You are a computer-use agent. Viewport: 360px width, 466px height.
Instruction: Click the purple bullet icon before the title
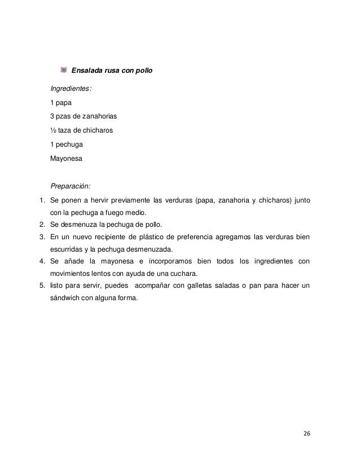click(64, 71)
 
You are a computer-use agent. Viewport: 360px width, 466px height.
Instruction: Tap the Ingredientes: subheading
click(71, 89)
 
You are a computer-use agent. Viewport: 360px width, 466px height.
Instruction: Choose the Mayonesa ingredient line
click(66, 159)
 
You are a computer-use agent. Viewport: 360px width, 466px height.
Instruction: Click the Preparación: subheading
click(71, 186)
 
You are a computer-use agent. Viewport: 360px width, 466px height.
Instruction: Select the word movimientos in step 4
click(73, 274)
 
